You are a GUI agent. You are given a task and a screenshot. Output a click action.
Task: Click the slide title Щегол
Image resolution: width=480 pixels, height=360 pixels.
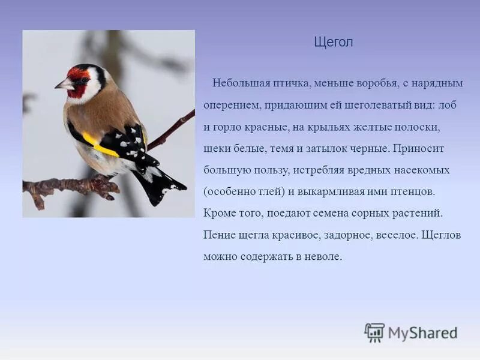tap(334, 42)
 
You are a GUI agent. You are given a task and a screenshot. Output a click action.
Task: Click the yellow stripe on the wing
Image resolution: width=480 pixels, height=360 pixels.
tap(99, 145)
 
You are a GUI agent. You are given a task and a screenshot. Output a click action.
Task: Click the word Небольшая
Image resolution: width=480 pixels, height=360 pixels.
tap(238, 83)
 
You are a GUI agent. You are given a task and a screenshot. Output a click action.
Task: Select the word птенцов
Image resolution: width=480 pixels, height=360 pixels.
tap(413, 192)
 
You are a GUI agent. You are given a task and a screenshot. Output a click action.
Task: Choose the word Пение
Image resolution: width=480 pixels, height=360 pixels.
tap(218, 235)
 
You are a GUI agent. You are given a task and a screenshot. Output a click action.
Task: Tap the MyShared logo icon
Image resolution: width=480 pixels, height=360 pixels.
tap(374, 332)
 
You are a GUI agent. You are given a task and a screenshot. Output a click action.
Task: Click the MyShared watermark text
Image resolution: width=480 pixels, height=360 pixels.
tap(422, 332)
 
